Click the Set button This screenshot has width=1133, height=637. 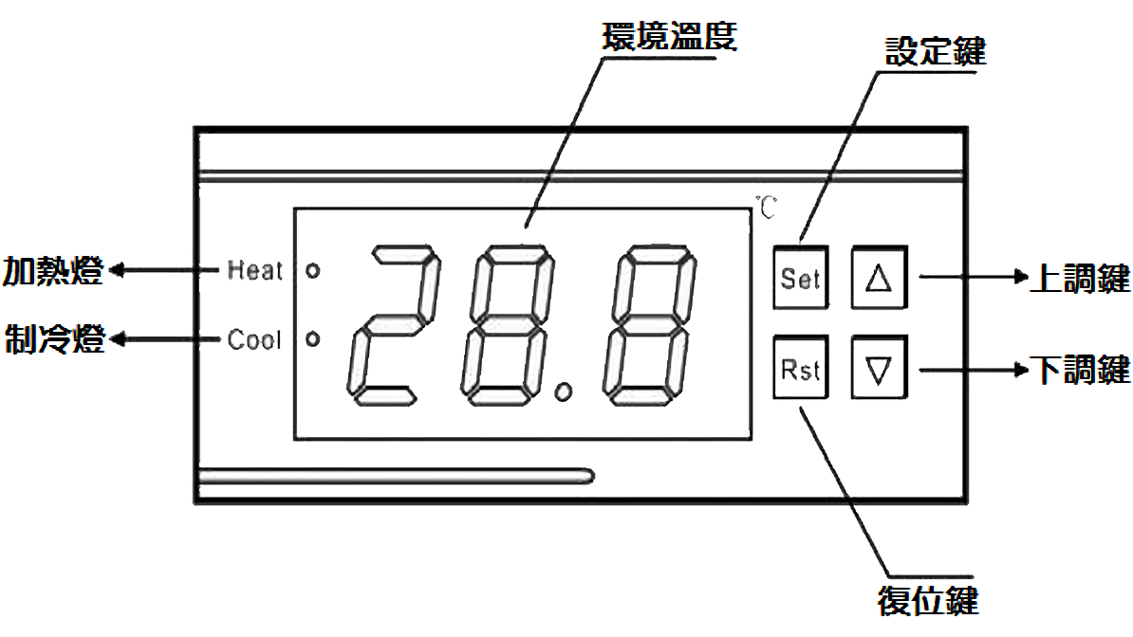click(800, 279)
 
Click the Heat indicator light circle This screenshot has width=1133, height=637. click(313, 270)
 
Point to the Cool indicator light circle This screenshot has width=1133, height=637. click(313, 338)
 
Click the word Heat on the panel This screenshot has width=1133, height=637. click(254, 270)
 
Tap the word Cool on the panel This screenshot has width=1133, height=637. click(254, 339)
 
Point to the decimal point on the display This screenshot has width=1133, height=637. click(566, 390)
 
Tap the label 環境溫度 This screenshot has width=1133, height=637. click(669, 36)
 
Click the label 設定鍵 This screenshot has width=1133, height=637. click(935, 51)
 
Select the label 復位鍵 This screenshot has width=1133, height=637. click(928, 600)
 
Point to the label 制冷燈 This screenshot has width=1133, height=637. click(53, 338)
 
